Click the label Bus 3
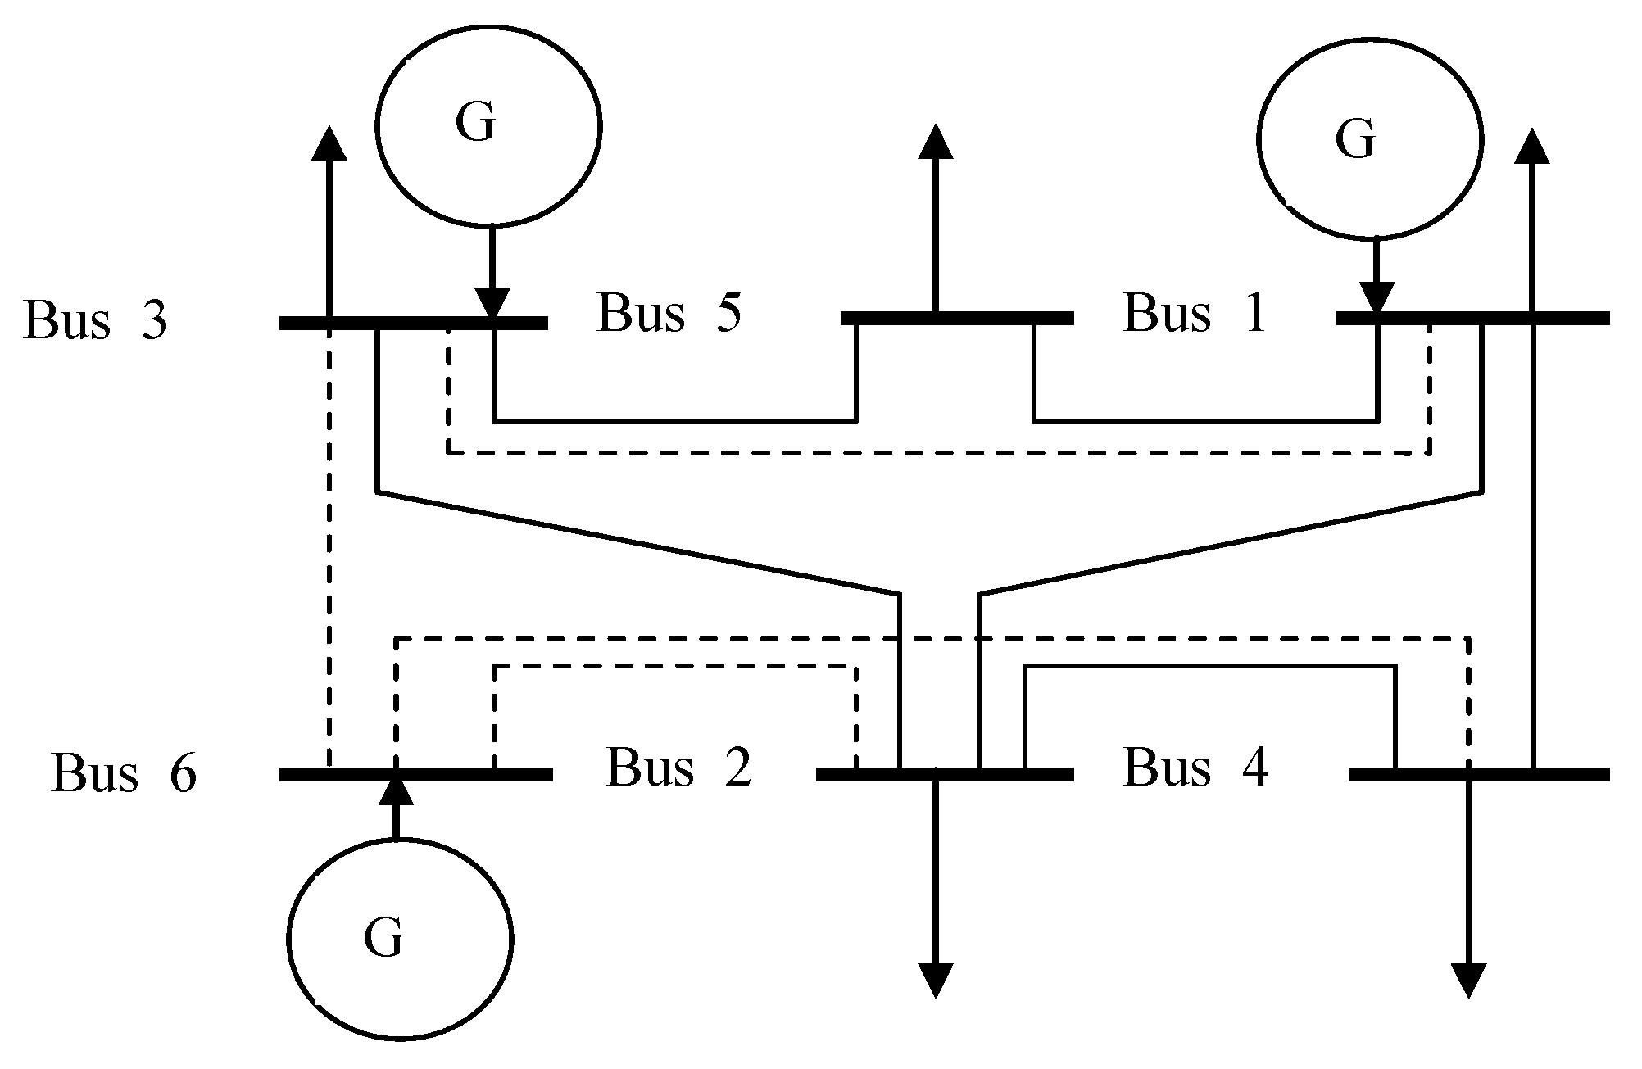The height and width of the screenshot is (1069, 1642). coord(95,320)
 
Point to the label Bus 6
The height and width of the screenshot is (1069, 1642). coord(124,773)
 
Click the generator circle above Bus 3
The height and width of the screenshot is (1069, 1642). coord(489,125)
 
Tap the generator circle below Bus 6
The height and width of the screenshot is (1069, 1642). coord(401,939)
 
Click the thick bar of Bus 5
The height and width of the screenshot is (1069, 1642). coord(956,318)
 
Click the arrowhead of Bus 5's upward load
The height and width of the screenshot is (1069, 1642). coord(935,141)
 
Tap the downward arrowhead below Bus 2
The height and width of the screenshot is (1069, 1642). coord(935,980)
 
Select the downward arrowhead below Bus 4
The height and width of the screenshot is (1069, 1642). coord(1467,980)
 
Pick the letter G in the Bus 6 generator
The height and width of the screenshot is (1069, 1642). coord(383,939)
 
